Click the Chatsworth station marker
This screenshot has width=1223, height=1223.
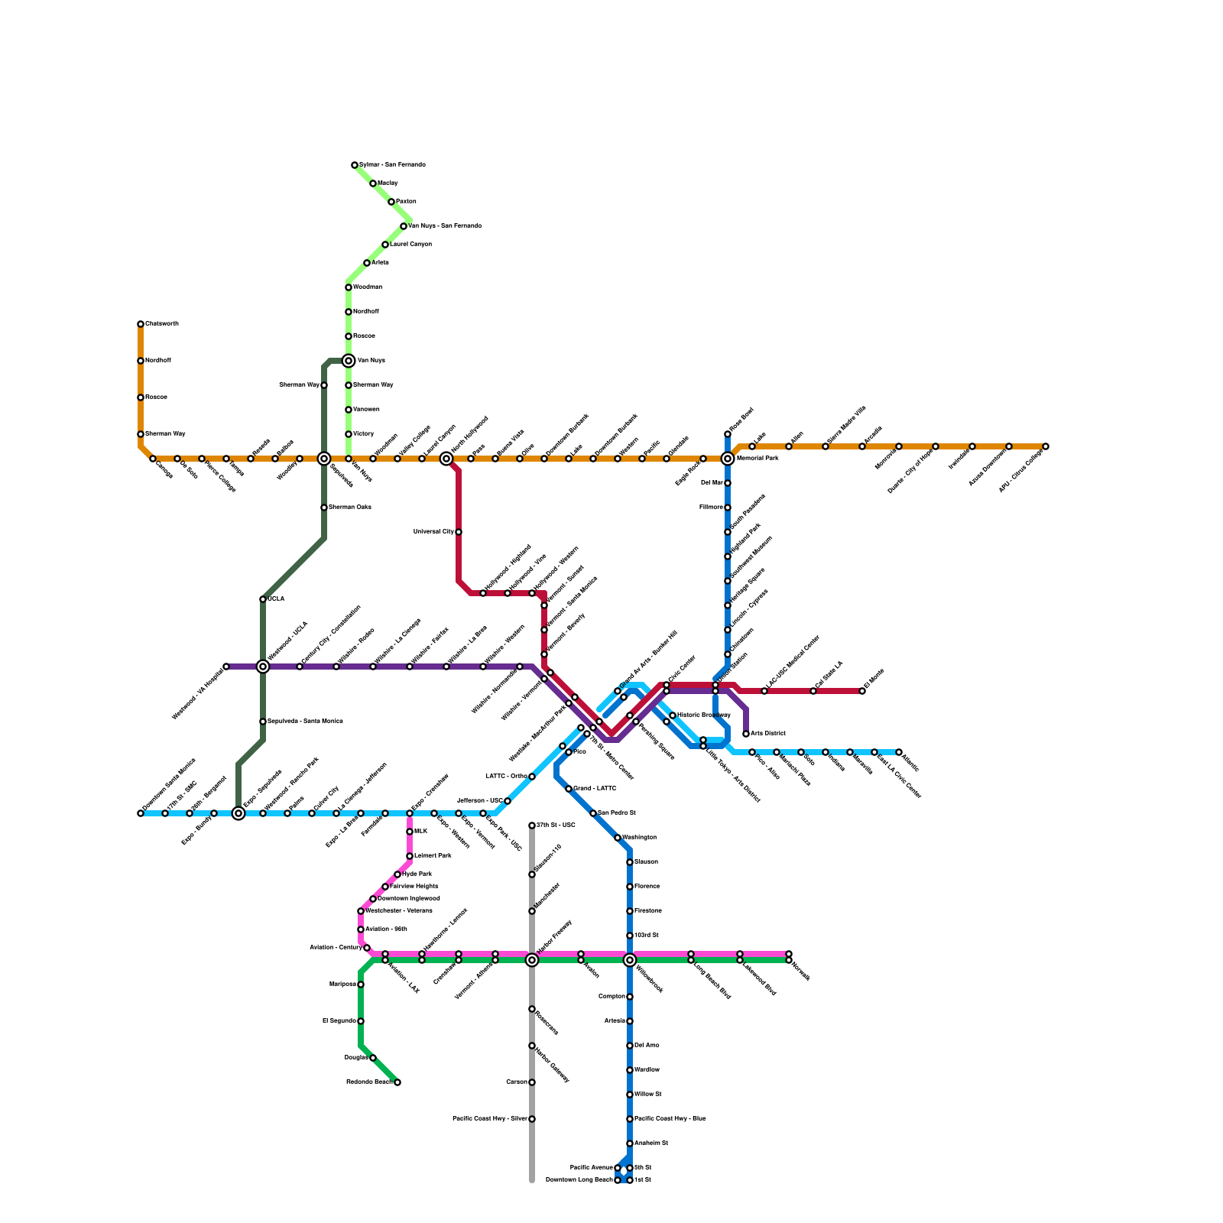[x=141, y=324]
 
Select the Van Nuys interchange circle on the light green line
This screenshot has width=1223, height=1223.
[x=349, y=361]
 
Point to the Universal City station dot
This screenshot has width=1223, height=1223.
[x=459, y=532]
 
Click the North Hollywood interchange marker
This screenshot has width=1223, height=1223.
[x=446, y=459]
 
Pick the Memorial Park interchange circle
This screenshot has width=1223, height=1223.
[x=728, y=459]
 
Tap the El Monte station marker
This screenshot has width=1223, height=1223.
[x=862, y=691]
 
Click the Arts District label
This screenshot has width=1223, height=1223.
[x=768, y=734]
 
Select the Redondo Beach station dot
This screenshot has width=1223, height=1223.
[x=397, y=1082]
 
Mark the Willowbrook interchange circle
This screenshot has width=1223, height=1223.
[x=630, y=960]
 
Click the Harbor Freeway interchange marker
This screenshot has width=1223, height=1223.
[x=532, y=960]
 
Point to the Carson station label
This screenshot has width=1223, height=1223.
[x=517, y=1082]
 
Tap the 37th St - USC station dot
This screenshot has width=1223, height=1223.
[x=532, y=826]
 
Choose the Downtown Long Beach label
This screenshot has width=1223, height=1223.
[x=579, y=1180]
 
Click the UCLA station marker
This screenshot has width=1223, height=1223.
[x=263, y=599]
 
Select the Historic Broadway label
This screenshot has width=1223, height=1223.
[x=703, y=715]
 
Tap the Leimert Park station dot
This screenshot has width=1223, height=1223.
[x=410, y=856]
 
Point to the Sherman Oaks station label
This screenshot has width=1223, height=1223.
[x=350, y=508]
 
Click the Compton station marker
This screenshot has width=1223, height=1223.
[x=630, y=997]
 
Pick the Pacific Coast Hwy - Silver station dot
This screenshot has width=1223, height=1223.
[x=532, y=1119]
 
